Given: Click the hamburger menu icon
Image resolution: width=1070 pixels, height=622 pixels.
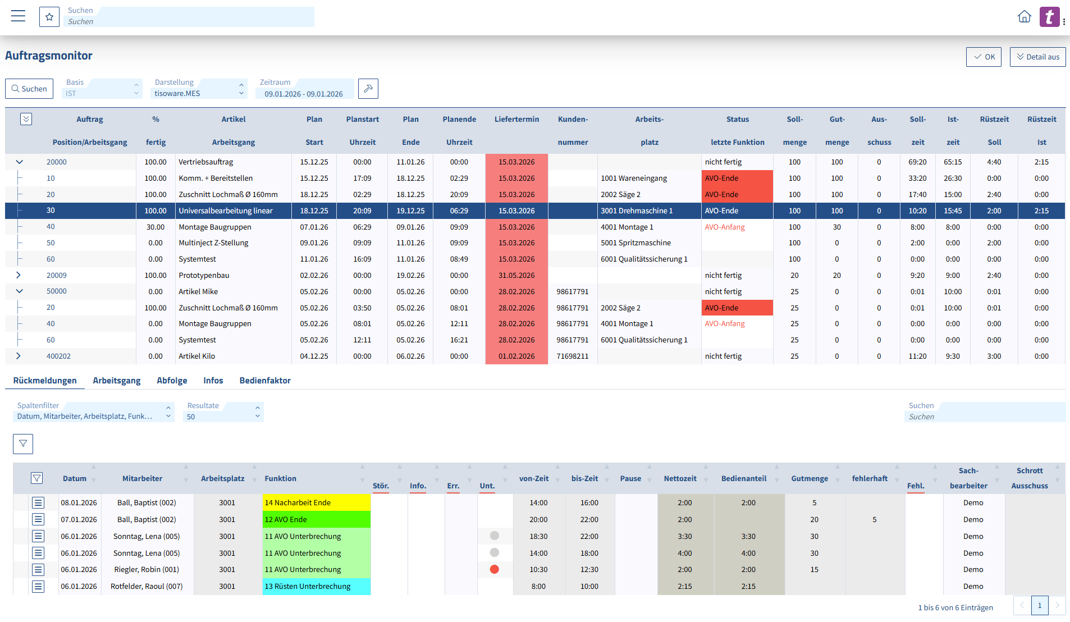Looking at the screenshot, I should click(18, 16).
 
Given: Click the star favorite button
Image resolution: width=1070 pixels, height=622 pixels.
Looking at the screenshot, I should click(49, 17).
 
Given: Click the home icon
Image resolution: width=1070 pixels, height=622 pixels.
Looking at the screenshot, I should click(1024, 17).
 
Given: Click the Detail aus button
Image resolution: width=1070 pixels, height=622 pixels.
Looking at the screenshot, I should click(1037, 57).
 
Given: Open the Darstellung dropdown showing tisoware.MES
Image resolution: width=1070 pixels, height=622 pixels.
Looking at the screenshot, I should click(199, 93).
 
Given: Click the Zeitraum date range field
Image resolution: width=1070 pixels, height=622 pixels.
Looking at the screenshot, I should click(304, 94).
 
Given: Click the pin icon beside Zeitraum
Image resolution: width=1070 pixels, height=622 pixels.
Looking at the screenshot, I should click(368, 89).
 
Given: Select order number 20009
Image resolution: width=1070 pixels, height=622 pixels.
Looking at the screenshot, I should click(56, 276).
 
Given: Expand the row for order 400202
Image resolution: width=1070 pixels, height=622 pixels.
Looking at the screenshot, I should click(19, 356).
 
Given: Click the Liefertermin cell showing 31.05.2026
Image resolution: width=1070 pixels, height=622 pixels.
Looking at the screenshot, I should click(516, 276).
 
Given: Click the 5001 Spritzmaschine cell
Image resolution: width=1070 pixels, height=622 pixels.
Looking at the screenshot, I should click(636, 243).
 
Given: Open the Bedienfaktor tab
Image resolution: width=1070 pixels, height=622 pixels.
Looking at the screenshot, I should click(265, 381).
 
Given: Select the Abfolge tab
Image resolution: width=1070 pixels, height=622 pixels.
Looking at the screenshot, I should click(172, 381).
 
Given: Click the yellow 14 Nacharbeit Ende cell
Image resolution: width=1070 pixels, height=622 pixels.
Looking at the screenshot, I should click(316, 503).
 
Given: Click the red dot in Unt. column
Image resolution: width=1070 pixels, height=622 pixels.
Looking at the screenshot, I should click(495, 569).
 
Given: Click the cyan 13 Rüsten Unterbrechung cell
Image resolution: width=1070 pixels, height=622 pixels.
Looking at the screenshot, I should click(316, 587).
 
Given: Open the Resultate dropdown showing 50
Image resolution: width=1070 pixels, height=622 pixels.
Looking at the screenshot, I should click(223, 417).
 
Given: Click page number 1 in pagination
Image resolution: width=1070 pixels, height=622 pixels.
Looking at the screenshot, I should click(1040, 606).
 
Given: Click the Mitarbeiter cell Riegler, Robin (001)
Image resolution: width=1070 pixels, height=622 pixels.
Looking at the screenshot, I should click(147, 570).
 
